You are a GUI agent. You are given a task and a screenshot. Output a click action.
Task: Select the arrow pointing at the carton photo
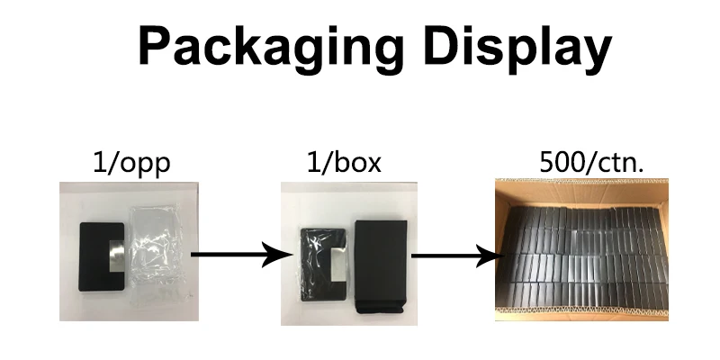pyautogui.click(x=454, y=256)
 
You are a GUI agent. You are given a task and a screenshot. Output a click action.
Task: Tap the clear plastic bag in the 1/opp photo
pyautogui.click(x=157, y=243)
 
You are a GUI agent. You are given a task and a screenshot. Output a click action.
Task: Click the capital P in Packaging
pyautogui.click(x=153, y=45)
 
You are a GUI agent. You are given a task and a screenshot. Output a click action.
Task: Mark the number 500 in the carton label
pyautogui.click(x=557, y=164)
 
